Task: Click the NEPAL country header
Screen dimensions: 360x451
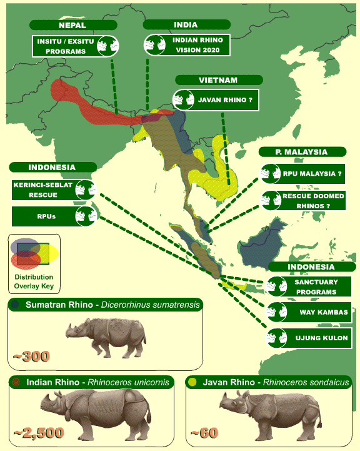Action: [x=73, y=25]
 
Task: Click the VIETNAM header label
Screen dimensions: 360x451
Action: [x=215, y=80]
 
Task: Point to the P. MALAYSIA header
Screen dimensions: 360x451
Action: [x=302, y=152]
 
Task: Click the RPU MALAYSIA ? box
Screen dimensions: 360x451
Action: [x=302, y=173]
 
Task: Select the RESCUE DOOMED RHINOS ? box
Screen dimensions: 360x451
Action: [x=302, y=201]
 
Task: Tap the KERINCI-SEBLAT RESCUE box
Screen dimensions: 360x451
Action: [x=53, y=190]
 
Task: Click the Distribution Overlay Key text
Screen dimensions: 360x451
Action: [x=34, y=281]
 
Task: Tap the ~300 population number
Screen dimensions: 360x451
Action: [x=31, y=357]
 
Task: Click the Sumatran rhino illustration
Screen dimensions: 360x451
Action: [x=106, y=338]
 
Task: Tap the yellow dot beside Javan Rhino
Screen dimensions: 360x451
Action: [x=192, y=382]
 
